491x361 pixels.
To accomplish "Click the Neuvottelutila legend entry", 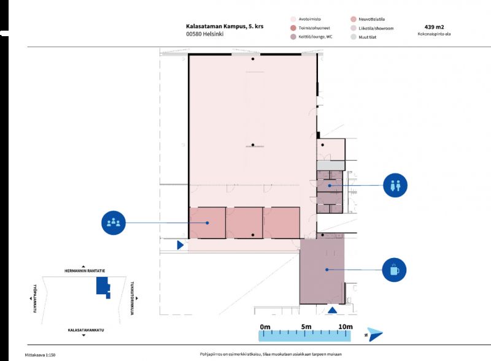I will click(x=374, y=19).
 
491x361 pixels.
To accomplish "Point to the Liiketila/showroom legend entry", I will click(x=376, y=28).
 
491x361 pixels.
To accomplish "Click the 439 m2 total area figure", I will click(x=434, y=27).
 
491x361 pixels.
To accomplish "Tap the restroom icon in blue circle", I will click(x=395, y=185).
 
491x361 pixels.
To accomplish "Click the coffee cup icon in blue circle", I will click(x=394, y=269).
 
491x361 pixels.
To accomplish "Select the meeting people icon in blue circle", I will click(x=114, y=222).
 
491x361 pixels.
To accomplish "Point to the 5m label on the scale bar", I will click(x=306, y=326).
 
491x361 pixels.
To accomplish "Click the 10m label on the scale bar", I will click(x=346, y=326).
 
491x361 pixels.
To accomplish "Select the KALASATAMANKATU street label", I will click(x=86, y=330).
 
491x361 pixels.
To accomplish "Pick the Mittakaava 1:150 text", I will click(x=44, y=354).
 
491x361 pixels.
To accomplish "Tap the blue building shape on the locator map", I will click(x=101, y=287).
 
